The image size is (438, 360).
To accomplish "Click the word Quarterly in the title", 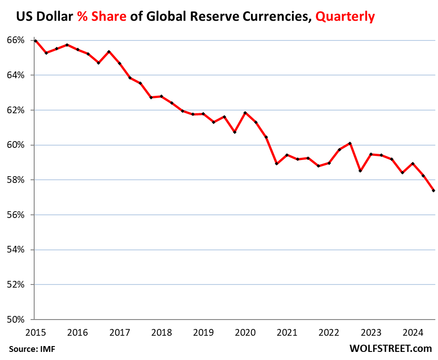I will click(x=345, y=17).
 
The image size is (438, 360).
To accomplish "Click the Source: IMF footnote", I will click(x=31, y=348).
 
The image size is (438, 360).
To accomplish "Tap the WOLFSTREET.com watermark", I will click(x=390, y=348).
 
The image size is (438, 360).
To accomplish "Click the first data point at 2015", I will click(x=36, y=41).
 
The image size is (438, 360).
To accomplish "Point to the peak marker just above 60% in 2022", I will click(x=350, y=143).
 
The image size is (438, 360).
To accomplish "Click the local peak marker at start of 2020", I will click(x=245, y=113).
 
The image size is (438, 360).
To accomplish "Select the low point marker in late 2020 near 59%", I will click(x=277, y=164).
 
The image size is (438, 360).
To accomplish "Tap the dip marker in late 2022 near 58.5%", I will click(x=360, y=171).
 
